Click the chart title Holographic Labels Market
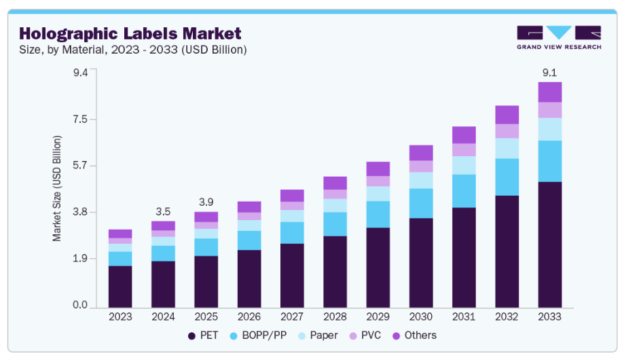coord(130,33)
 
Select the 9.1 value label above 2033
coord(549,73)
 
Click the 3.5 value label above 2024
coord(163,211)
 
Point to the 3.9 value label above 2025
coord(206,202)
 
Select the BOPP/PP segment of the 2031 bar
coord(464,191)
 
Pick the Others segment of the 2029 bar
coord(378,168)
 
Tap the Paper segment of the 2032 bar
coord(507,148)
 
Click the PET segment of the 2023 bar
coord(120,286)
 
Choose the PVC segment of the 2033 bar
coord(549,110)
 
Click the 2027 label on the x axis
coord(292,317)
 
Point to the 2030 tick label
coord(421,317)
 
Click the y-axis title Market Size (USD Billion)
coord(57,188)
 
